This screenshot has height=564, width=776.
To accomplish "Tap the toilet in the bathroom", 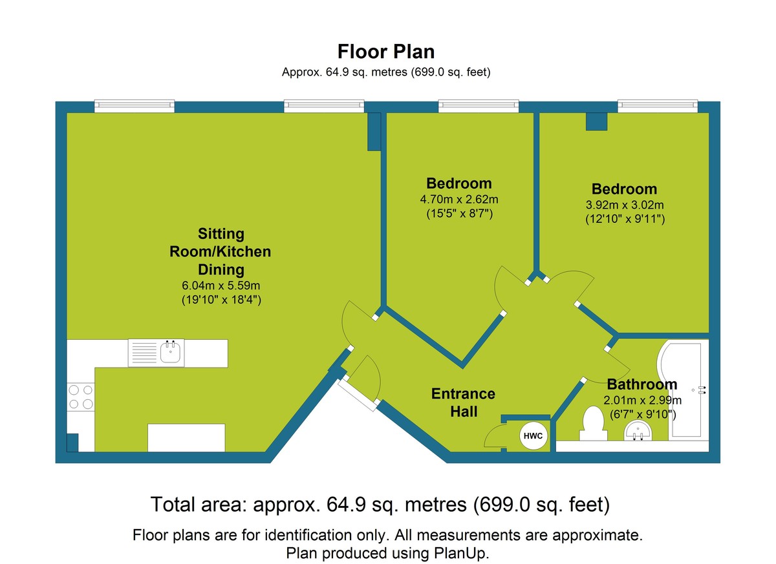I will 592,423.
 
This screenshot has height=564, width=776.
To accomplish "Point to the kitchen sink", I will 171,352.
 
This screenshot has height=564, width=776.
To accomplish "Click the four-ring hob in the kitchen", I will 81,397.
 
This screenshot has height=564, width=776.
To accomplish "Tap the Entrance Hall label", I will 464,402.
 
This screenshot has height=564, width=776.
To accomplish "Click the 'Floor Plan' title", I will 386,52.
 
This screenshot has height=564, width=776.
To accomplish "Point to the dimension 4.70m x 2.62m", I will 459,199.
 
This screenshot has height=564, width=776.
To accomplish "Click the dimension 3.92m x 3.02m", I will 624,205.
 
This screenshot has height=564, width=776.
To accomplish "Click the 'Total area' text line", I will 380,505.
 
